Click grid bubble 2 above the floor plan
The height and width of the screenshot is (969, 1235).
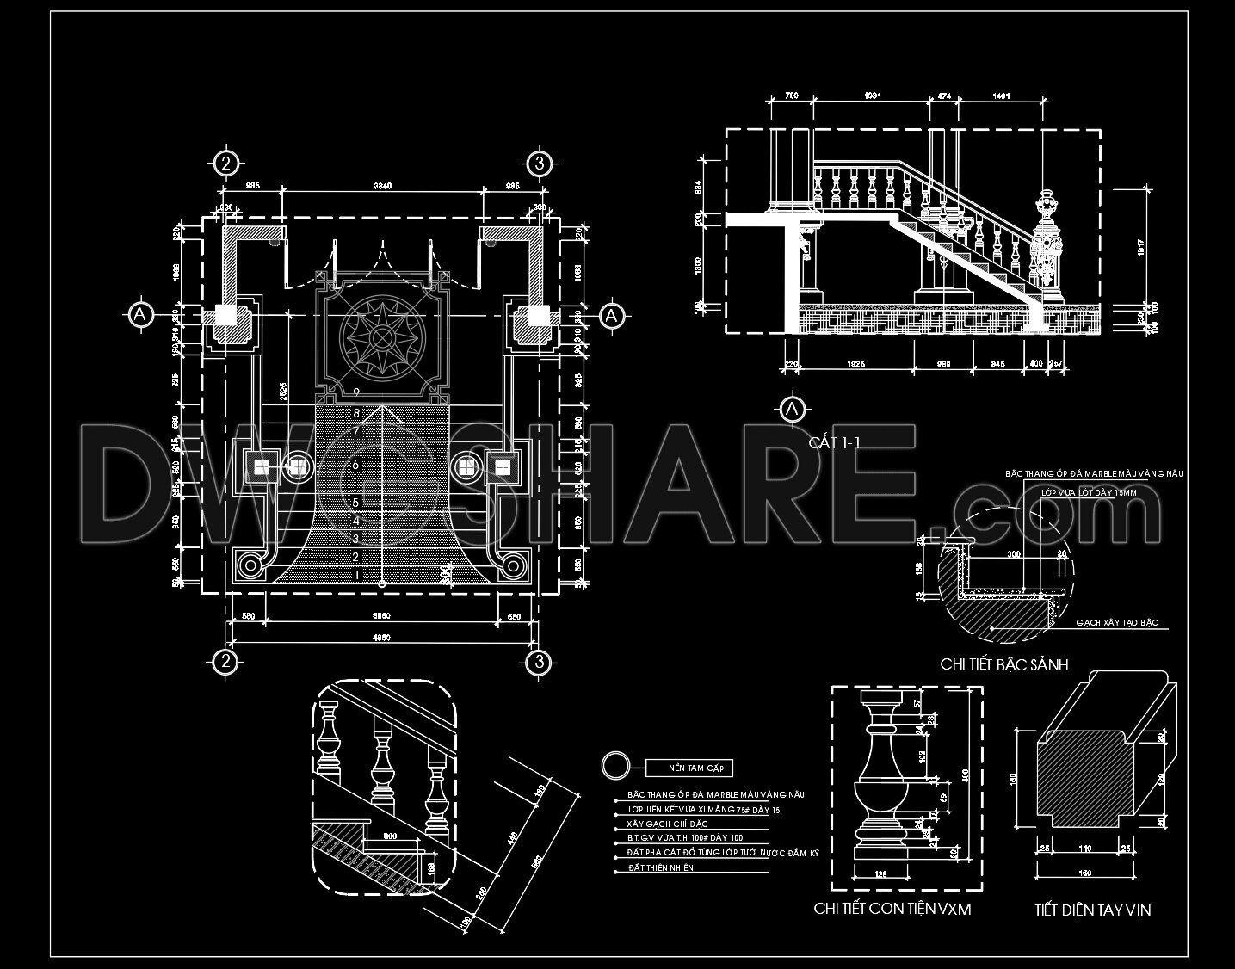pos(225,163)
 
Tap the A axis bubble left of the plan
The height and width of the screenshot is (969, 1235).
pos(140,315)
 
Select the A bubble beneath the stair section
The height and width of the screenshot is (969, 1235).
pos(792,409)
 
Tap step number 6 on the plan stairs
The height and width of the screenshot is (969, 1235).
pos(355,465)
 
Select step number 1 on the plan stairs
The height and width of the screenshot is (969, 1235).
pos(355,574)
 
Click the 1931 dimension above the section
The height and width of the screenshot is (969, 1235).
pos(869,97)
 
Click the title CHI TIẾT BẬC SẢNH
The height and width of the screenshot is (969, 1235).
pos(1004,663)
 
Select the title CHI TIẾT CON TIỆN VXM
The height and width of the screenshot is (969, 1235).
pos(892,909)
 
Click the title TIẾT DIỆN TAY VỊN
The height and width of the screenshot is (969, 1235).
pos(1092,910)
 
